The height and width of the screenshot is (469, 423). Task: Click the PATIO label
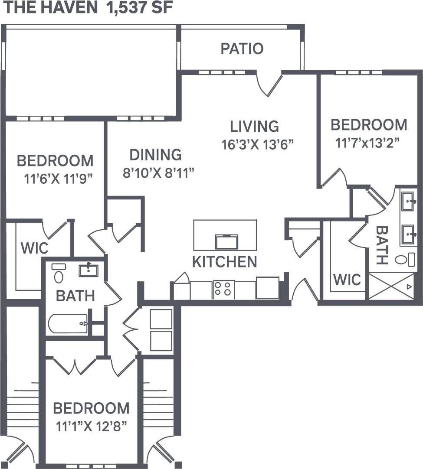(242, 49)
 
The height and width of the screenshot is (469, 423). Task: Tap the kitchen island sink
(226, 241)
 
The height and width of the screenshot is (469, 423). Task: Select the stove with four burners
(223, 289)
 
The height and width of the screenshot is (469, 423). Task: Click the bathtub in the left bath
(68, 323)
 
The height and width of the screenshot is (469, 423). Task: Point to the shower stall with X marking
(391, 286)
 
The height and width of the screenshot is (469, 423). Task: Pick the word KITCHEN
(224, 262)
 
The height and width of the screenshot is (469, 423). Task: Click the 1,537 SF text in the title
(137, 9)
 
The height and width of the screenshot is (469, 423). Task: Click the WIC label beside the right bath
(347, 280)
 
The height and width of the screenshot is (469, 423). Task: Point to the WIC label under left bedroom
(34, 248)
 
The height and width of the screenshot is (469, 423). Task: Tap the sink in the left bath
(89, 270)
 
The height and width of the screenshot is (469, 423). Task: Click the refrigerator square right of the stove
(267, 288)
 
